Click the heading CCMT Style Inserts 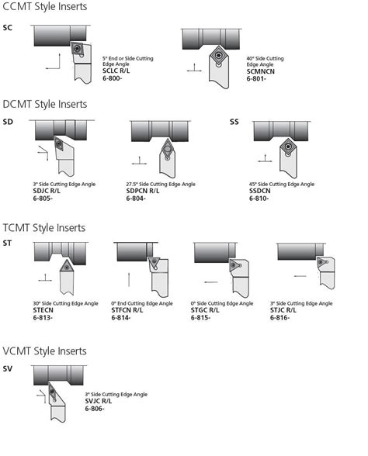[44, 7]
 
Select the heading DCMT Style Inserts [44, 104]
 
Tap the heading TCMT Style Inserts [44, 228]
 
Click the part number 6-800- [113, 78]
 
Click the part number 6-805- [43, 199]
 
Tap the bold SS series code [234, 122]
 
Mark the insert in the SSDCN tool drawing [288, 146]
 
